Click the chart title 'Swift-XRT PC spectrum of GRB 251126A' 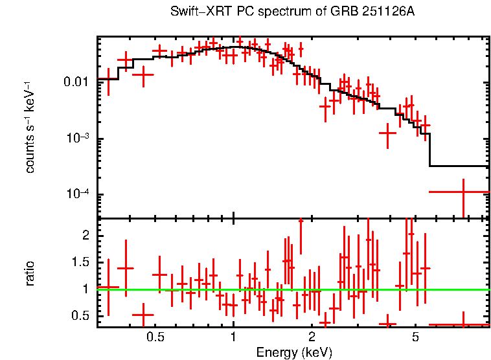tap(292, 12)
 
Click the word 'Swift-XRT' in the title tap(194, 12)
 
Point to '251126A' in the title tap(393, 12)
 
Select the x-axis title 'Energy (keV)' tap(293, 352)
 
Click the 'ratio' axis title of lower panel tap(30, 273)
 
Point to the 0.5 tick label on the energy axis tap(155, 337)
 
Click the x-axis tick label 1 tap(233, 337)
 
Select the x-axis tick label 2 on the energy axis tap(312, 337)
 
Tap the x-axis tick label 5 tap(415, 337)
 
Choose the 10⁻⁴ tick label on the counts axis tap(78, 195)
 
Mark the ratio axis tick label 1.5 tap(82, 263)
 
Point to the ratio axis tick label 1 tap(87, 289)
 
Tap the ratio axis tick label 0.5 tap(82, 316)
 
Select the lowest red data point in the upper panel tap(463, 192)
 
